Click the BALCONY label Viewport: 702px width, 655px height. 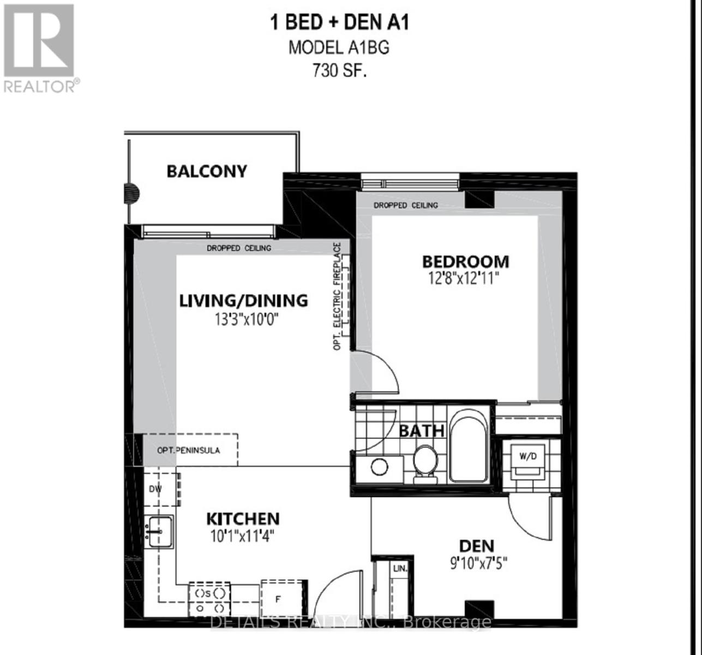point(207,171)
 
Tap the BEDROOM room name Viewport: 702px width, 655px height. point(465,261)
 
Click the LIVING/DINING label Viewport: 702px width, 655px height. point(244,300)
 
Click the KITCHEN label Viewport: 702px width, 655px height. point(243,519)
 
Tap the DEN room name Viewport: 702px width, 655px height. point(476,545)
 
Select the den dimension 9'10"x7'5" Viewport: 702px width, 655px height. point(476,562)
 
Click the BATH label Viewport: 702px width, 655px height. point(421,431)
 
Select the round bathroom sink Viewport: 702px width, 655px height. point(379,467)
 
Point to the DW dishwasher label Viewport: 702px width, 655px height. point(155,489)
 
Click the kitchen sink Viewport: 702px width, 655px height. point(159,531)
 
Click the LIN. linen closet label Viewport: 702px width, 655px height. point(400,569)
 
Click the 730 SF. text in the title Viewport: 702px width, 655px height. point(339,71)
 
